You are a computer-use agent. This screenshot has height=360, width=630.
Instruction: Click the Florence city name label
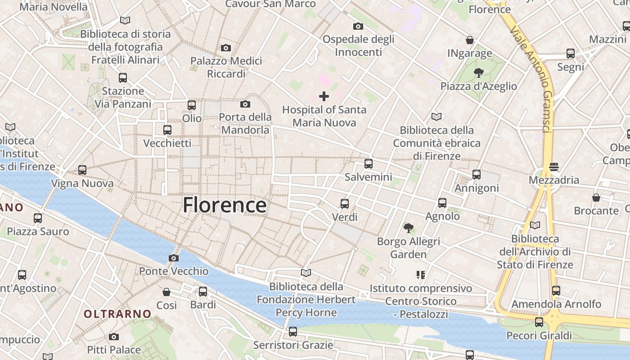pyautogui.click(x=225, y=205)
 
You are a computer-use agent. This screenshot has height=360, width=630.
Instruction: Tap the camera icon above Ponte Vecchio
pyautogui.click(x=174, y=258)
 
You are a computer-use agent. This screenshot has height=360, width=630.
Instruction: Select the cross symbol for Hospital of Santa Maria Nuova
pyautogui.click(x=324, y=96)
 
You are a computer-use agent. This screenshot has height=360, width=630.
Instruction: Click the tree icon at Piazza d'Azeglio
pyautogui.click(x=479, y=72)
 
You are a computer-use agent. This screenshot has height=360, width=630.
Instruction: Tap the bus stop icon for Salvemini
pyautogui.click(x=369, y=164)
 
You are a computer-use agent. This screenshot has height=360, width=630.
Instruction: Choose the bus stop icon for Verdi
pyautogui.click(x=345, y=204)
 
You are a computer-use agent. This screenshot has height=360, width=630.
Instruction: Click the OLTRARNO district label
pyautogui.click(x=117, y=314)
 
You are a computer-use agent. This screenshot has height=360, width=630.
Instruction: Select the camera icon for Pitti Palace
pyautogui.click(x=114, y=337)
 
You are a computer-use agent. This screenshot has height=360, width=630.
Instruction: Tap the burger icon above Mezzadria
pyautogui.click(x=554, y=167)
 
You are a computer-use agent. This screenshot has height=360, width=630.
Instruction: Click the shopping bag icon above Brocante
pyautogui.click(x=596, y=198)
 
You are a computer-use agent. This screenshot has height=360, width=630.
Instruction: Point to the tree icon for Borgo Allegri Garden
pyautogui.click(x=408, y=228)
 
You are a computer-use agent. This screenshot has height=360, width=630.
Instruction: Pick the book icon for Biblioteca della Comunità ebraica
pyautogui.click(x=436, y=117)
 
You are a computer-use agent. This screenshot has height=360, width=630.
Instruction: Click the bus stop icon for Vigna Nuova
pyautogui.click(x=82, y=170)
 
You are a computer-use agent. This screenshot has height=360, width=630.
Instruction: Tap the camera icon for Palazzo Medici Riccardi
pyautogui.click(x=226, y=48)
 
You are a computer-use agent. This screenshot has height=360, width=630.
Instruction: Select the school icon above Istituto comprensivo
pyautogui.click(x=421, y=274)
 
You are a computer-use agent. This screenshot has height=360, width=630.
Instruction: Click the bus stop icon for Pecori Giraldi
pyautogui.click(x=539, y=322)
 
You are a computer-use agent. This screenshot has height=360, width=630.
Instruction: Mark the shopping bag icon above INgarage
pyautogui.click(x=470, y=40)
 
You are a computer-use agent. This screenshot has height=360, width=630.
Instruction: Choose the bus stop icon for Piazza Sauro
pyautogui.click(x=38, y=218)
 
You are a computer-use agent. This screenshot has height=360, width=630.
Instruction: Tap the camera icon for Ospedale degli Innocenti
pyautogui.click(x=358, y=26)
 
